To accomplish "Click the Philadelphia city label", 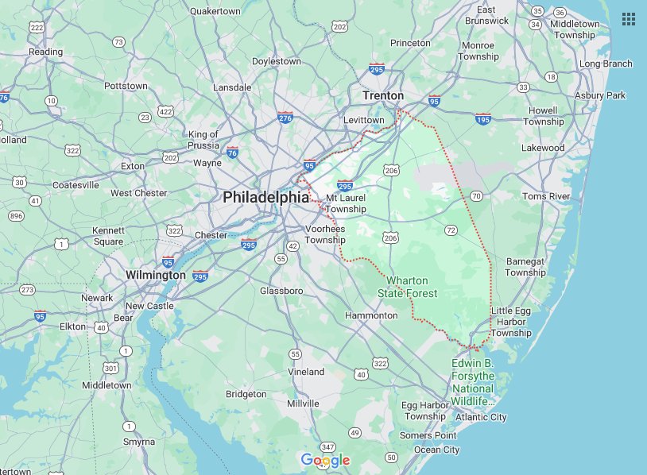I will [265, 196].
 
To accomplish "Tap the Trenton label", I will [383, 95].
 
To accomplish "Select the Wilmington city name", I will [156, 275].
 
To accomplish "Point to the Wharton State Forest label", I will [412, 287].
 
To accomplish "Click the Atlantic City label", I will [481, 417].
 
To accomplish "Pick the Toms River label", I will [546, 196].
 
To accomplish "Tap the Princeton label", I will [410, 43].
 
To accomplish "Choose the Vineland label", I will [306, 372].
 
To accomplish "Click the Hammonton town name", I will [371, 315].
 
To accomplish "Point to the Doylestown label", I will [276, 61].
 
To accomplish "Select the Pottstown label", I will [126, 86].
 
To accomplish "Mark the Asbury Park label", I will [600, 95].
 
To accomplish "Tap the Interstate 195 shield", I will [482, 118].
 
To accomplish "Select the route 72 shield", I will [451, 230].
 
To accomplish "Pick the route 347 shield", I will [326, 448].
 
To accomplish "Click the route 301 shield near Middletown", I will [110, 368].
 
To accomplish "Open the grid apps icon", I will [628, 18].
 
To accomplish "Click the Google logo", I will [325, 460].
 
